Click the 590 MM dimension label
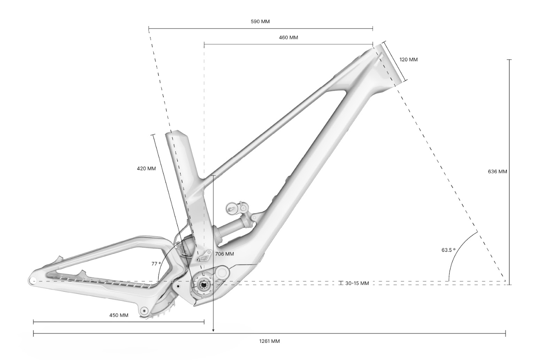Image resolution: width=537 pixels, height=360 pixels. pyautogui.click(x=260, y=22)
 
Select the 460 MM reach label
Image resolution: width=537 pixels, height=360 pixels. pyautogui.click(x=289, y=38)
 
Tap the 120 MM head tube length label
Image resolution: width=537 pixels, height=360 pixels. pyautogui.click(x=409, y=60)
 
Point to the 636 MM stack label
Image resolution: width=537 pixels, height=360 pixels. pyautogui.click(x=497, y=172)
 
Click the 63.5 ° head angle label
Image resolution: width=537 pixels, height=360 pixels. pyautogui.click(x=448, y=250)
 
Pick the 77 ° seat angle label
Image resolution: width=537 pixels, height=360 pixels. pyautogui.click(x=156, y=264)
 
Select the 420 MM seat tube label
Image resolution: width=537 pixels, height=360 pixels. pyautogui.click(x=146, y=169)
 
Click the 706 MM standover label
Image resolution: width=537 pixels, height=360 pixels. pyautogui.click(x=224, y=254)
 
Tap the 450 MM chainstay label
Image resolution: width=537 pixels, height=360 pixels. pyautogui.click(x=119, y=315)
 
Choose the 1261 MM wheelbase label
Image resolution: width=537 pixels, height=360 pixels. pyautogui.click(x=269, y=341)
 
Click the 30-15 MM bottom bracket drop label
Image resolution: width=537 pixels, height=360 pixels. pyautogui.click(x=357, y=283)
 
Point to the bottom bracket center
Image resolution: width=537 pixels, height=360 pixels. pyautogui.click(x=204, y=285)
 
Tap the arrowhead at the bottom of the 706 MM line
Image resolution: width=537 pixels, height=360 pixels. pyautogui.click(x=213, y=331)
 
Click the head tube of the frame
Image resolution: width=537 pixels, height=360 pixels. pyautogui.click(x=388, y=66)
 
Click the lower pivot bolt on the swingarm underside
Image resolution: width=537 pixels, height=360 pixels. pyautogui.click(x=144, y=311)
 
